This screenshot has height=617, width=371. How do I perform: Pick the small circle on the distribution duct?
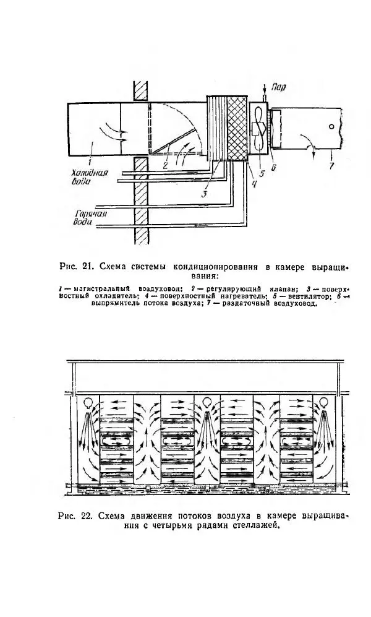pyautogui.click(x=331, y=126)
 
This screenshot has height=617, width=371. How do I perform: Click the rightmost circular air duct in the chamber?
pyautogui.click(x=323, y=402)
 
